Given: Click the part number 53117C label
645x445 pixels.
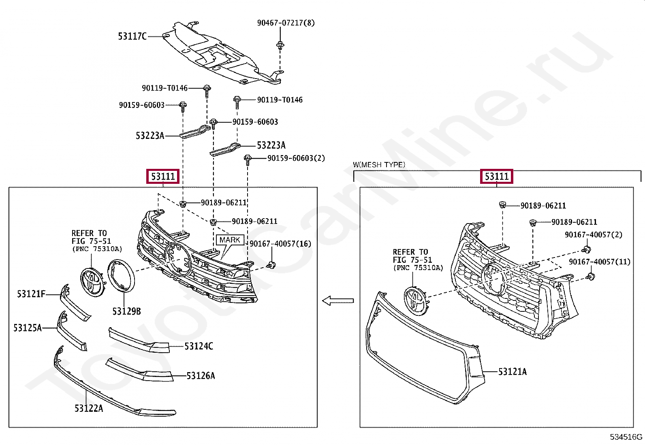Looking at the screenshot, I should coord(132,36).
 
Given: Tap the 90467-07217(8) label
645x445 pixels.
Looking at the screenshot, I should coord(286,23).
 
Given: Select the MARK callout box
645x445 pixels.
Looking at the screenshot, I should coord(230,240).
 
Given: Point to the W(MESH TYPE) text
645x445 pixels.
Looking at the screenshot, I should coord(379,165).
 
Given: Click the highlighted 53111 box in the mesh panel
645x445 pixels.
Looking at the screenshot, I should coord(496,177).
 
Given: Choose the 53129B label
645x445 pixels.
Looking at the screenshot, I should coord(126,311).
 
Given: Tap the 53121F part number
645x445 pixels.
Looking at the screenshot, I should coord(31,294).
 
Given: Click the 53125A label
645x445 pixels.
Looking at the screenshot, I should coord(28,328).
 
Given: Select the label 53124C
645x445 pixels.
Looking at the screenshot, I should coord(199,346).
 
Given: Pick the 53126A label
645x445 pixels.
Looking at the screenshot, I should coord(201,376).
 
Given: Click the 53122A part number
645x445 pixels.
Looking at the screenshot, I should coord(89,408).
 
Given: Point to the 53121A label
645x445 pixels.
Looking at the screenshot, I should coord(512,372).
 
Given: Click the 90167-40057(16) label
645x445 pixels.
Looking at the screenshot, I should coord(280,244).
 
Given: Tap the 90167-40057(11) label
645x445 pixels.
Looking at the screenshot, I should coord(600,262).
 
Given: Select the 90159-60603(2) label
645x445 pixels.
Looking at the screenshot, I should coord(296,158).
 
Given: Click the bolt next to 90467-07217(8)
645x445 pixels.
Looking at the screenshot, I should coord(280,45).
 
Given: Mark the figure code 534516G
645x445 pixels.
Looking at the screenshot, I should coord(626,437).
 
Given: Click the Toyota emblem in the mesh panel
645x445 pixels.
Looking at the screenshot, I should coord(416,300).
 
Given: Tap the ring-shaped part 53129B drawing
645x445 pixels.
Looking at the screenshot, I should coord(121,276).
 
